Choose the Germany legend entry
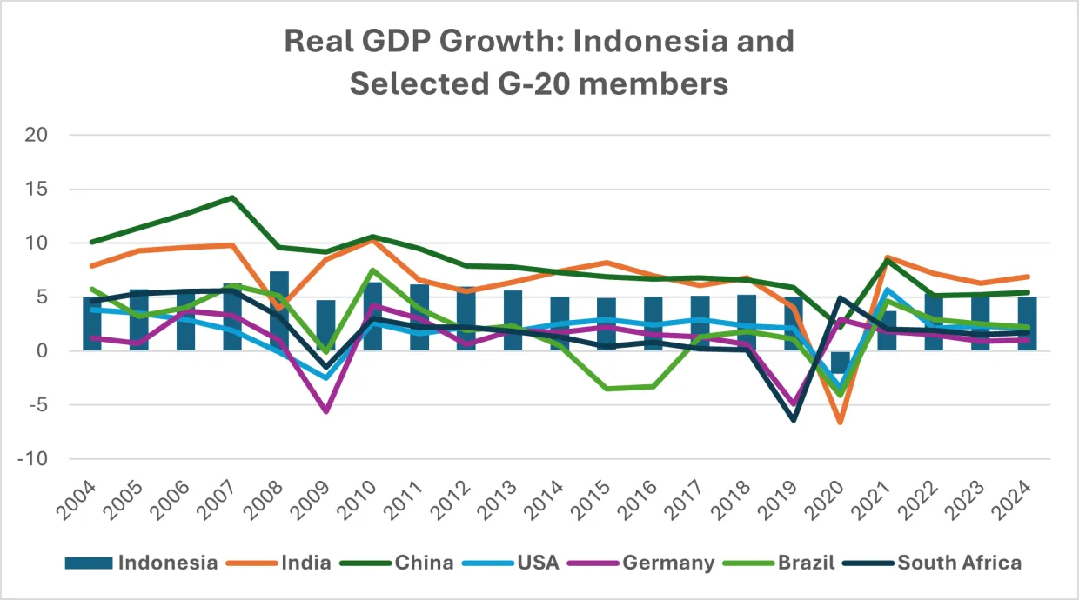667,563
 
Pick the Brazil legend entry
804,563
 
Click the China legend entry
424,563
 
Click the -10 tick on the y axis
36,459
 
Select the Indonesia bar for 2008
278,311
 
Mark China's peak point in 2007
232,197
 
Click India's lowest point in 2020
841,423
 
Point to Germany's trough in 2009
325,411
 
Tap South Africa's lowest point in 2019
794,420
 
